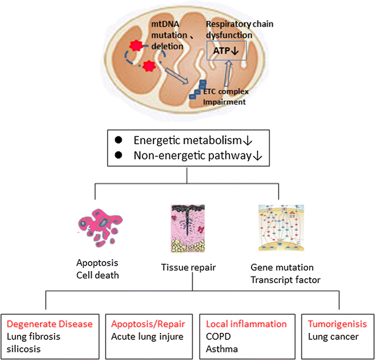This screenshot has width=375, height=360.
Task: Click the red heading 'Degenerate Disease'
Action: (x=49, y=324)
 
